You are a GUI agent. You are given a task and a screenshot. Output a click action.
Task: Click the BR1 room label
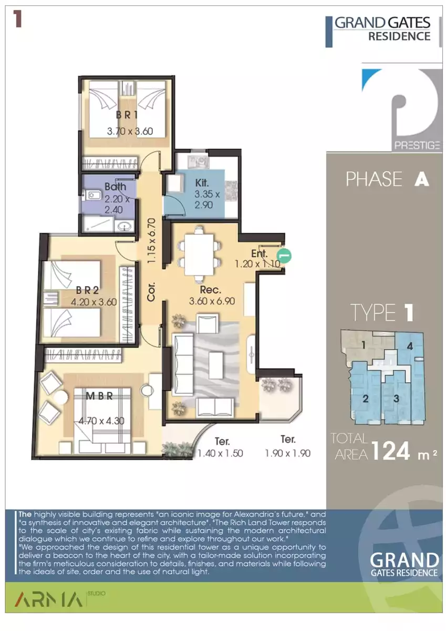127,115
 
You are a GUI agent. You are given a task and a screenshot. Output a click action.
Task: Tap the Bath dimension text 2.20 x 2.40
117,204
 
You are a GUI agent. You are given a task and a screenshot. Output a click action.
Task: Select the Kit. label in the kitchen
202,182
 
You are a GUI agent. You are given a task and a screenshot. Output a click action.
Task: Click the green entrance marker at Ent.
284,256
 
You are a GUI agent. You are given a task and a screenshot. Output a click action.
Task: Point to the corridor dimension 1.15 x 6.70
151,241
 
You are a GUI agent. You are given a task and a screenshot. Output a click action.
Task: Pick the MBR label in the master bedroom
99,396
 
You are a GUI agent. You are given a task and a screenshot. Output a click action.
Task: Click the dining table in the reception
199,255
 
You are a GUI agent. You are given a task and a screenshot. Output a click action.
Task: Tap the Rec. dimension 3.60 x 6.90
212,301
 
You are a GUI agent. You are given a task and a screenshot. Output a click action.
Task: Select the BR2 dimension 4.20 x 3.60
94,302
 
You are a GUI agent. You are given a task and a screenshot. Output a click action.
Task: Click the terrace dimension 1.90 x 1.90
287,453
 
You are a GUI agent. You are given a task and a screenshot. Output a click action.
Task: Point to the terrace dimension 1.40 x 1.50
220,453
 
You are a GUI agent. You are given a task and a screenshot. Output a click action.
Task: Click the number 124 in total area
391,451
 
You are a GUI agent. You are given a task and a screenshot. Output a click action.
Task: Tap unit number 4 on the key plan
410,346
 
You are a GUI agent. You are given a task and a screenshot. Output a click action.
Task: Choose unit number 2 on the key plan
366,399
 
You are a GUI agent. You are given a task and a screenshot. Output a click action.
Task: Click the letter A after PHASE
421,179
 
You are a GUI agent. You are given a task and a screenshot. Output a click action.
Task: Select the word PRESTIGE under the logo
417,145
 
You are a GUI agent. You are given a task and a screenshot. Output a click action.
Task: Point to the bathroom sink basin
125,226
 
